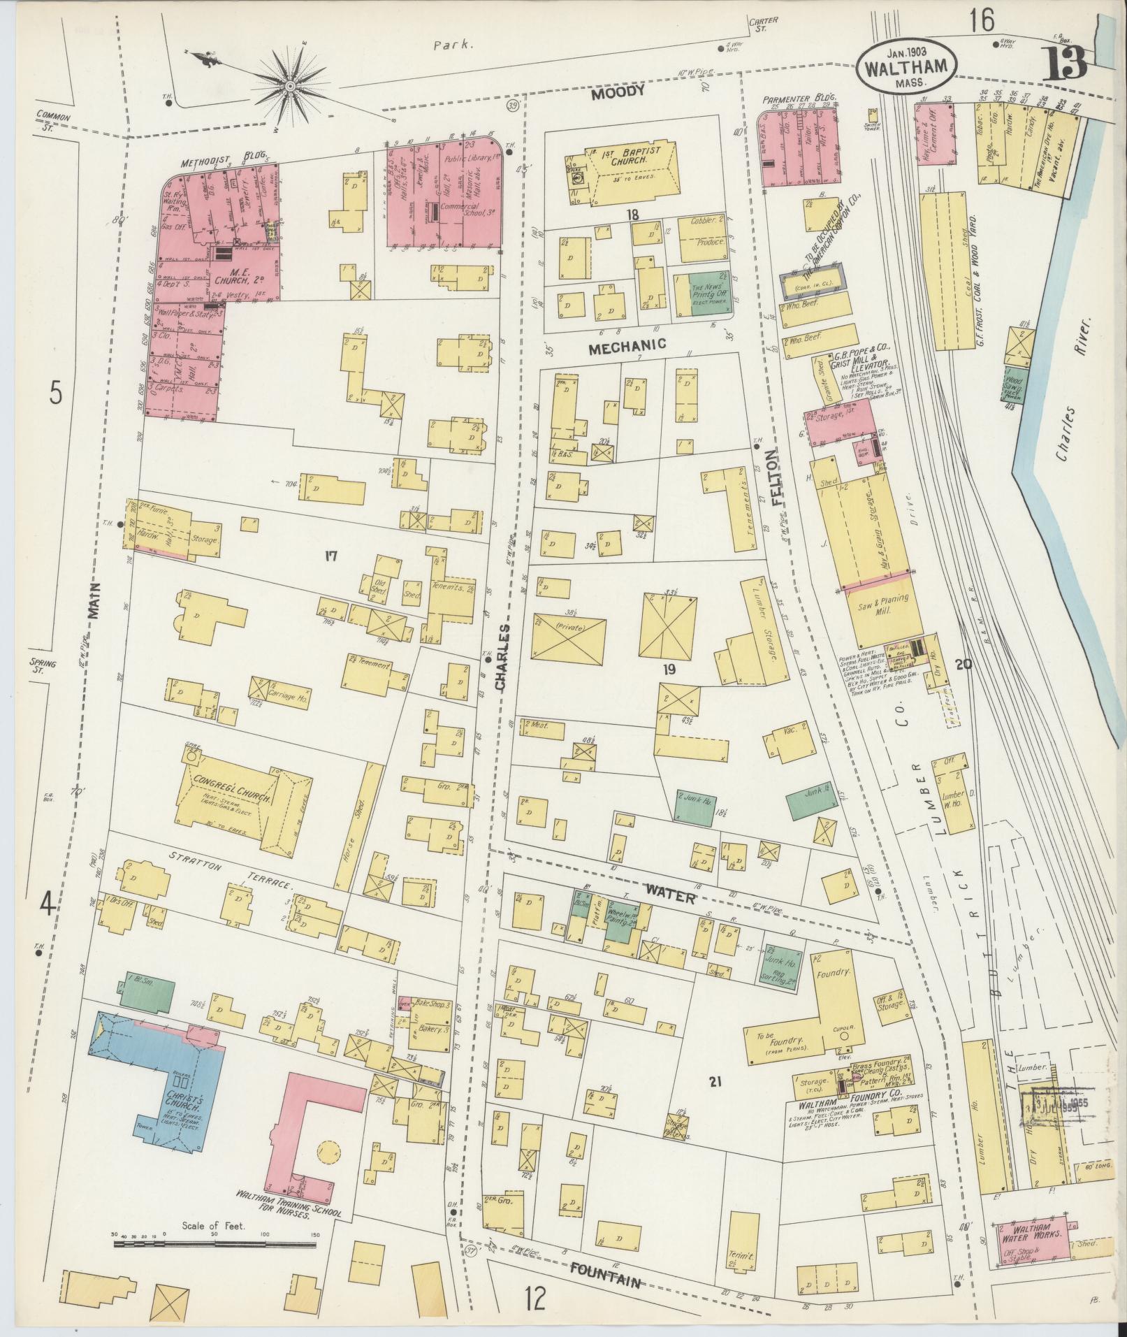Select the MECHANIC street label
tap(627, 344)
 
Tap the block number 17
tap(330, 556)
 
